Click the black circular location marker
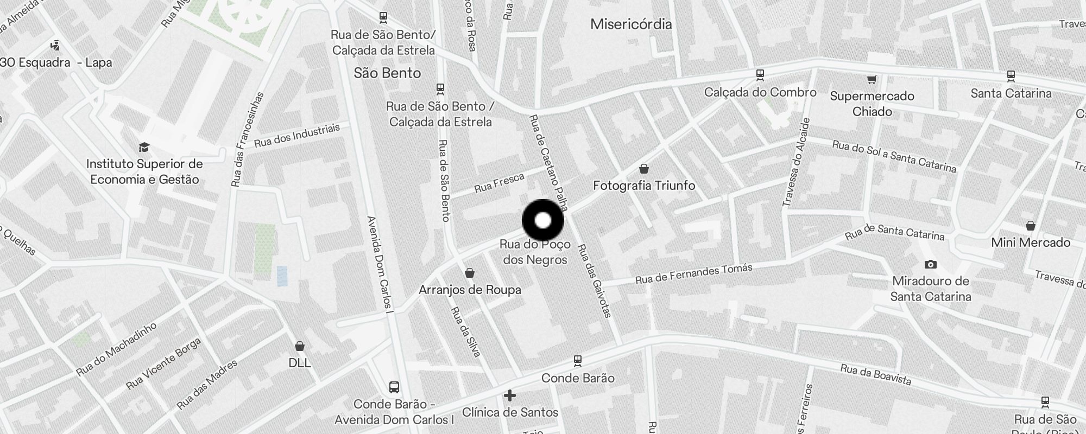pyautogui.click(x=542, y=221)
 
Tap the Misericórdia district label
pyautogui.click(x=630, y=24)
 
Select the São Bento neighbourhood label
pyautogui.click(x=387, y=73)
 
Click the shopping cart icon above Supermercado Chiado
pyautogui.click(x=872, y=80)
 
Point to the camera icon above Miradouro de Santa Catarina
pyautogui.click(x=930, y=265)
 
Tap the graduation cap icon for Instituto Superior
pyautogui.click(x=144, y=148)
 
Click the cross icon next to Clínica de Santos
pyautogui.click(x=509, y=396)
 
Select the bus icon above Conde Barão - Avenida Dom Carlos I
pyautogui.click(x=394, y=388)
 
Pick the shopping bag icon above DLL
pyautogui.click(x=299, y=346)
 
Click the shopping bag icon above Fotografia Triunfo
pyautogui.click(x=643, y=169)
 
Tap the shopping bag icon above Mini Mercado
pyautogui.click(x=1030, y=226)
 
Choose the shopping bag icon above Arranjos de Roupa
pyautogui.click(x=470, y=273)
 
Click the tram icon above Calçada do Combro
pyautogui.click(x=760, y=74)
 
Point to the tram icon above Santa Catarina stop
pyautogui.click(x=1011, y=75)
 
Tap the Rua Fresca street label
pyautogui.click(x=499, y=183)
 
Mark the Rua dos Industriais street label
pyautogui.click(x=296, y=135)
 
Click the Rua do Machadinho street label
pyautogui.click(x=116, y=349)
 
